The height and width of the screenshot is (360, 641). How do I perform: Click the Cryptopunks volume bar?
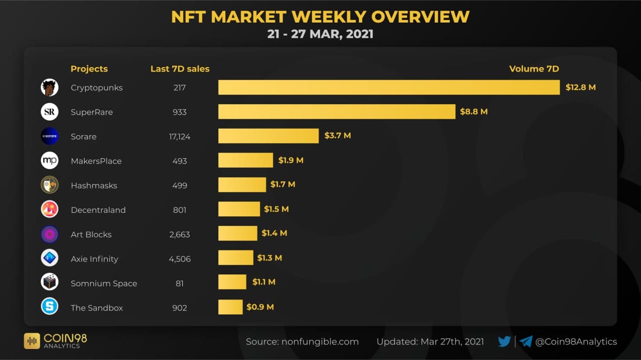[389, 88]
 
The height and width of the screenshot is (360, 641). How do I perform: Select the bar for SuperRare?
[337, 112]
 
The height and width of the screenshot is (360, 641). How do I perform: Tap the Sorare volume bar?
[268, 136]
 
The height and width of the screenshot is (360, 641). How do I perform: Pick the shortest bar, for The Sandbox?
[230, 307]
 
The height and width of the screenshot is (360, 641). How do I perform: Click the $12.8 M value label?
[580, 88]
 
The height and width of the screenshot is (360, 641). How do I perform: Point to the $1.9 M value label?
[291, 161]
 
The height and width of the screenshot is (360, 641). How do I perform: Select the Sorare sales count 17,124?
[179, 137]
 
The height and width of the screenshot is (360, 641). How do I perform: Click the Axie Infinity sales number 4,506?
[179, 259]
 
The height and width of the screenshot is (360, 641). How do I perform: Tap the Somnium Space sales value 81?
[179, 283]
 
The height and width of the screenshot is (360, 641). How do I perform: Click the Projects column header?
[89, 69]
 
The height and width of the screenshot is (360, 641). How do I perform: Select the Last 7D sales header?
[180, 69]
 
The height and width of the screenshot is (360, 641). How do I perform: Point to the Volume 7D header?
[534, 69]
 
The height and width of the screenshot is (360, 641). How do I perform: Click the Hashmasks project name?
[94, 186]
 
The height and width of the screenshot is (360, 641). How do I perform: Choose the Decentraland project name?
[98, 210]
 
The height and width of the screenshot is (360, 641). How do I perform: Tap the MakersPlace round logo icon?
[50, 161]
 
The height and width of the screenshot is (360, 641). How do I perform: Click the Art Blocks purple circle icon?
[50, 234]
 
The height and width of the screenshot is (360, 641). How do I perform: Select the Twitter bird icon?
[504, 341]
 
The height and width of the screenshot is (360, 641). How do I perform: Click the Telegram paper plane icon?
[526, 341]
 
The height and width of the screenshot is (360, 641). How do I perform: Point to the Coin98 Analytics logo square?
[32, 341]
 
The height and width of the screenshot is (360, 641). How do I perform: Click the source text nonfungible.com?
[320, 342]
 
